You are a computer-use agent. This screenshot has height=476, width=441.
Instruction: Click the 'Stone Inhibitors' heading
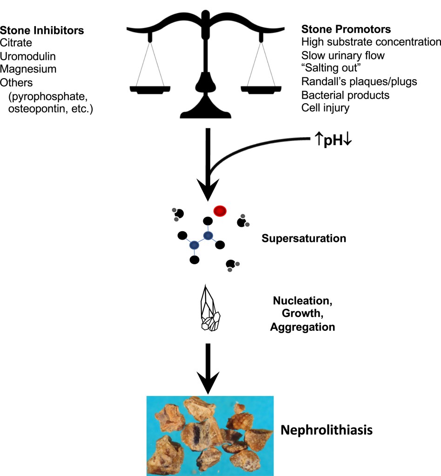[42, 31]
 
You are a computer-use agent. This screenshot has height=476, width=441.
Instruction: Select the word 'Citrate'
[16, 44]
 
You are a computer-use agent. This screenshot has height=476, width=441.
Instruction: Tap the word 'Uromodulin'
[27, 56]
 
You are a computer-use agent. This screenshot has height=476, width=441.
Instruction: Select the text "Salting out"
[327, 68]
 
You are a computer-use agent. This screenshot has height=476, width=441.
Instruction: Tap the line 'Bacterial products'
[345, 95]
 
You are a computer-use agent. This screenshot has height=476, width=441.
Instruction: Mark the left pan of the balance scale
[149, 89]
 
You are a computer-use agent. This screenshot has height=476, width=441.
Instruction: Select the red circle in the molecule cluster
[220, 211]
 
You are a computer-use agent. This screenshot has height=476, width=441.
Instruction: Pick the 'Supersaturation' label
[304, 239]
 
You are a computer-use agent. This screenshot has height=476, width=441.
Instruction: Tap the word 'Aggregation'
[302, 327]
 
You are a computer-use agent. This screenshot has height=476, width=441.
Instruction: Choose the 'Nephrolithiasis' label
[326, 430]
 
